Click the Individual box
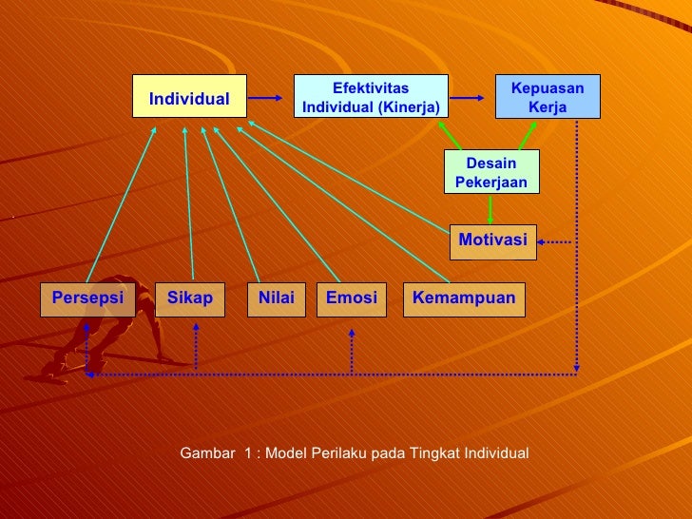(189, 99)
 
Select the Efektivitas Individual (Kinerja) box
(370, 98)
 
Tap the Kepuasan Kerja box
(548, 97)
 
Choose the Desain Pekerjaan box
(490, 172)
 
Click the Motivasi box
(492, 240)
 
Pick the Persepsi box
(87, 298)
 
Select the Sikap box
(190, 298)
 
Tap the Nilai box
(276, 298)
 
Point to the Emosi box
(351, 298)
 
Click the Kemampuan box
(464, 298)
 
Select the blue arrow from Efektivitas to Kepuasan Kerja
(471, 98)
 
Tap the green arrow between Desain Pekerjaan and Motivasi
(490, 208)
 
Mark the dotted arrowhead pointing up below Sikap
(195, 329)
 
